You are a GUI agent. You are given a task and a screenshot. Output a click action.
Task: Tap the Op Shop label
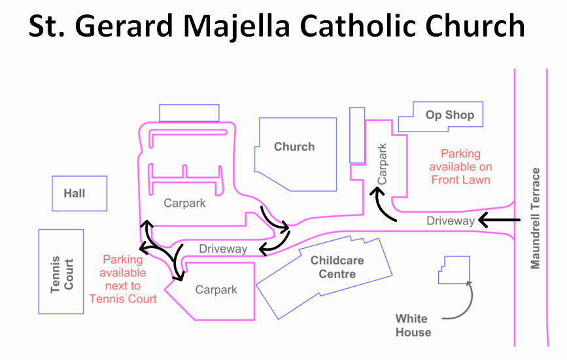pyautogui.click(x=449, y=115)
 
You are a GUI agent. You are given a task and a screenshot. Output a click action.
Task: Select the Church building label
pyautogui.click(x=294, y=147)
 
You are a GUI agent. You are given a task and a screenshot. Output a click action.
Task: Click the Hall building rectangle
pyautogui.click(x=79, y=193)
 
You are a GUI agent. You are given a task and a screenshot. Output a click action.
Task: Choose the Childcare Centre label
pyautogui.click(x=337, y=267)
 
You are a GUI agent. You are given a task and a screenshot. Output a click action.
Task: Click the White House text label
pyautogui.click(x=413, y=325)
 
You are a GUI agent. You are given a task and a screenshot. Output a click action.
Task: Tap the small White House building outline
pyautogui.click(x=454, y=270)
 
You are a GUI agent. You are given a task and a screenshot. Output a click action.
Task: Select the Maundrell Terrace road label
pyautogui.click(x=536, y=218)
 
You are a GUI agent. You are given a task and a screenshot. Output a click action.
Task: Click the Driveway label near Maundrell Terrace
pyautogui.click(x=450, y=221)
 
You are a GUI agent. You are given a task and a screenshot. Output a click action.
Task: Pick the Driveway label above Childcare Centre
pyautogui.click(x=223, y=249)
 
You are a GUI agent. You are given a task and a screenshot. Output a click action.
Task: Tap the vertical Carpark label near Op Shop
pyautogui.click(x=383, y=164)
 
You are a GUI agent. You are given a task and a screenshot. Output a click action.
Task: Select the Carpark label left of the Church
pyautogui.click(x=184, y=203)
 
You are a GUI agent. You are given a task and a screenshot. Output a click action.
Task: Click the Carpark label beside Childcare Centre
pyautogui.click(x=216, y=289)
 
